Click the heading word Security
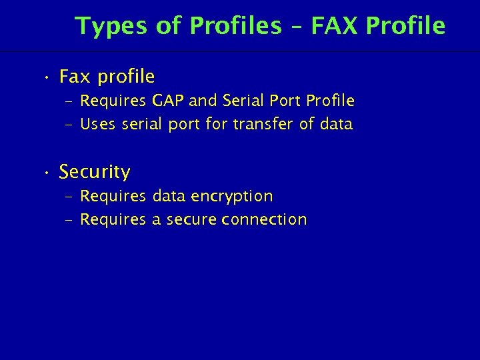coord(95,172)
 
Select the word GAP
coord(169,101)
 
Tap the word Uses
coord(97,124)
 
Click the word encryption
coord(231,197)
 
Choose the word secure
coord(198,219)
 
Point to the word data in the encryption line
coord(169,196)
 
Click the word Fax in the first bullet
coord(75,77)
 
